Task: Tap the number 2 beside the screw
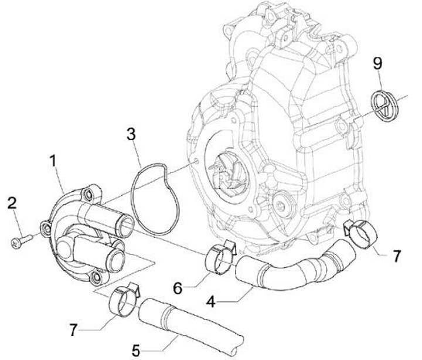pos(12,203)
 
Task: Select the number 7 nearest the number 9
pos(397,256)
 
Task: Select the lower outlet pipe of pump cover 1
pos(99,249)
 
